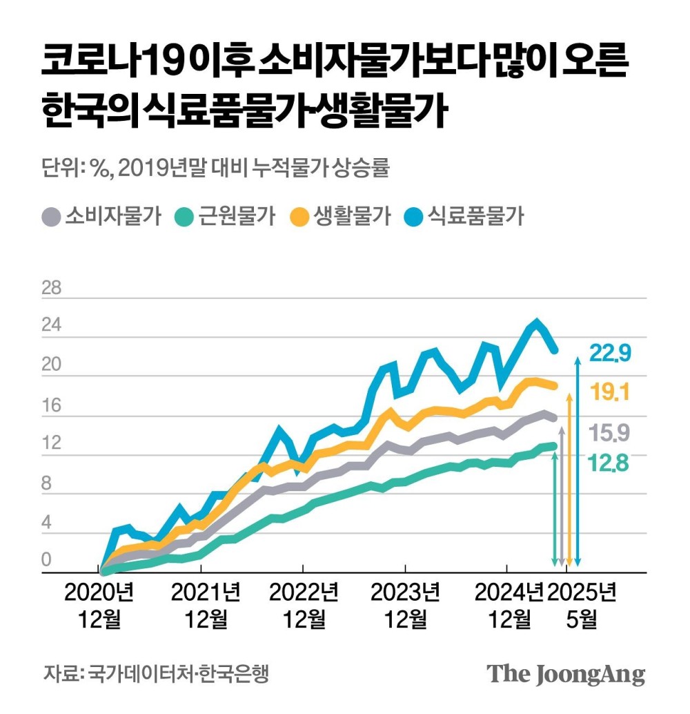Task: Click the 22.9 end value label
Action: click(610, 354)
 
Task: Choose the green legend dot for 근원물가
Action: click(183, 216)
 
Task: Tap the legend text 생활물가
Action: click(352, 215)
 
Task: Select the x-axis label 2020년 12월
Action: click(100, 606)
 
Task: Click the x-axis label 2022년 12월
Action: click(304, 606)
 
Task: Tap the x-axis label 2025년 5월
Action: click(582, 606)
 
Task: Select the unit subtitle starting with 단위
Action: click(215, 168)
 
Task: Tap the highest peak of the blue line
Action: click(536, 321)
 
